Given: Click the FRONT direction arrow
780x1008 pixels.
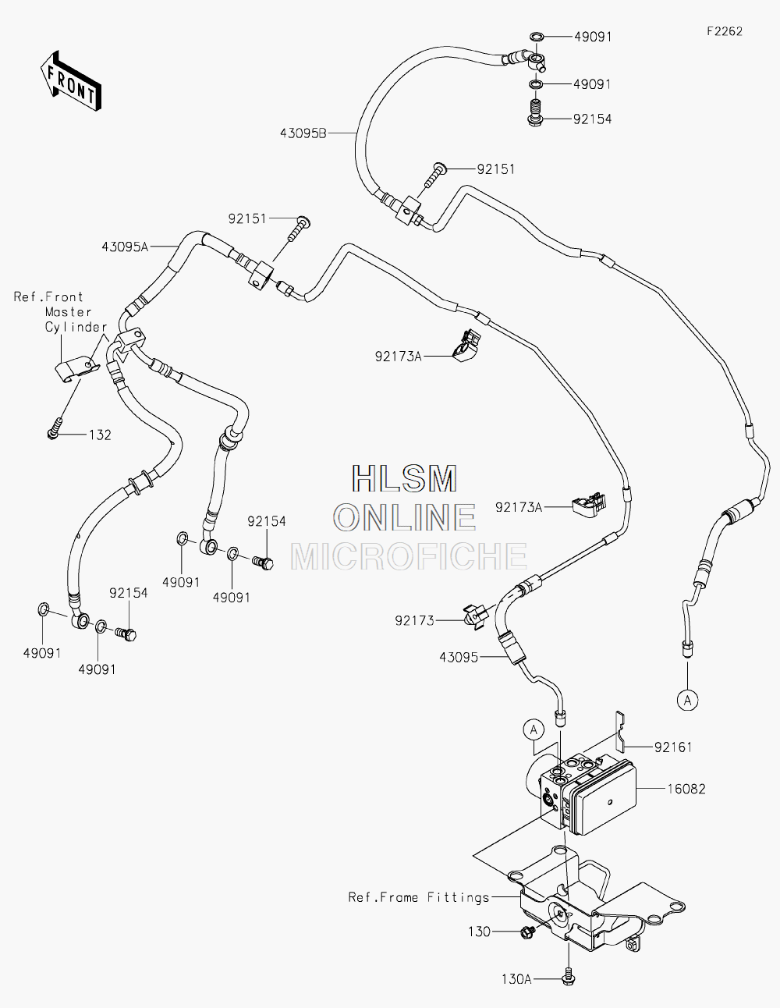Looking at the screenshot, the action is click(70, 82).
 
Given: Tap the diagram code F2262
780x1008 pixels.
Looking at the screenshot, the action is click(725, 31).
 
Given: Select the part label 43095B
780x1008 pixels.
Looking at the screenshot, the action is click(303, 133).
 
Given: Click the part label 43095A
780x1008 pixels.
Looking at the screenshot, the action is click(125, 247).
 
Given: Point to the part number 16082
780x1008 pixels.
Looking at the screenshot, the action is click(686, 789).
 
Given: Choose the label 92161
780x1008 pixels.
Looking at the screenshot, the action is click(673, 747).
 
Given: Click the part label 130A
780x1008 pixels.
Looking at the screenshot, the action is click(516, 979).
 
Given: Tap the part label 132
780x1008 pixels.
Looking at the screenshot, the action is click(100, 435).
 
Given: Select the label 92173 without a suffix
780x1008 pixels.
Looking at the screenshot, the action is click(415, 621).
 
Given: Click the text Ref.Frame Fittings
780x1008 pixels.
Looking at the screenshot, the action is click(419, 898).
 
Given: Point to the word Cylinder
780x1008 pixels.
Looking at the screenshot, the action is click(76, 328).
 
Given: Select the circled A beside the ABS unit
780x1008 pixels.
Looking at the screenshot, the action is click(534, 730).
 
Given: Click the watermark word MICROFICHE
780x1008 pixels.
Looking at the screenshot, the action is click(409, 556).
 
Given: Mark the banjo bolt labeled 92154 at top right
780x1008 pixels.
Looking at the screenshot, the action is click(536, 114).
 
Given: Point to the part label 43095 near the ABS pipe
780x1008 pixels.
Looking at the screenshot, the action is click(459, 658).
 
